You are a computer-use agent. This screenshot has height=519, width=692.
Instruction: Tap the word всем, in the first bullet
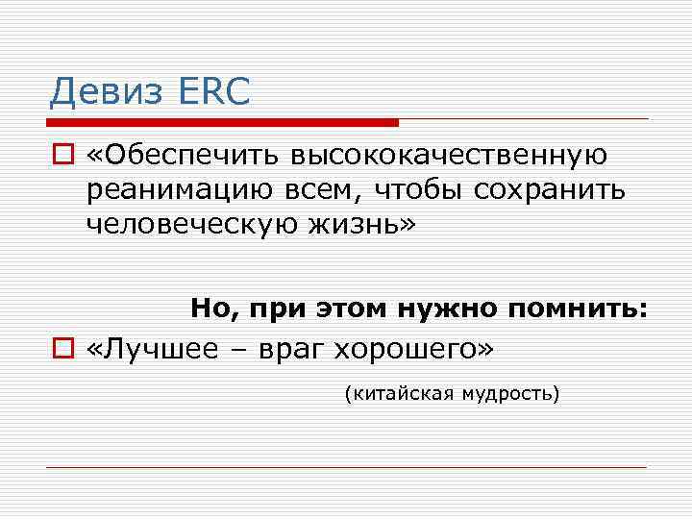(x=298, y=190)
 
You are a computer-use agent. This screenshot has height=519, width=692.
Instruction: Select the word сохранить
(x=552, y=190)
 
